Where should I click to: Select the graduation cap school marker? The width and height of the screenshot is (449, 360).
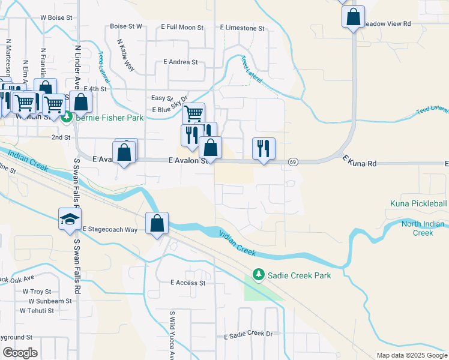click(70, 219)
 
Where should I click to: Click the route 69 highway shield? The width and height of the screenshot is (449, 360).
click(293, 161)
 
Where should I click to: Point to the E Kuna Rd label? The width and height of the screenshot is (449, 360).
click(359, 162)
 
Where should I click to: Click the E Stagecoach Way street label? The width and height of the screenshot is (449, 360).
click(110, 229)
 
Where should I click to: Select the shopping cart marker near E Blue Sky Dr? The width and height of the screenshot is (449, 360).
click(193, 113)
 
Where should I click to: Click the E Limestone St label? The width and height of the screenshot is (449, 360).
click(242, 28)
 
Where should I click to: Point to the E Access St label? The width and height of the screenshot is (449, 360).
click(188, 283)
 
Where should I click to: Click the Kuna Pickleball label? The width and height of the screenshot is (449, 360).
click(418, 204)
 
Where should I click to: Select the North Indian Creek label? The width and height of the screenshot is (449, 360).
click(423, 229)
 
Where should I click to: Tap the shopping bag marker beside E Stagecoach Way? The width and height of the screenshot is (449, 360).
click(157, 223)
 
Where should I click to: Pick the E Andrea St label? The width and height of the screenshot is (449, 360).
click(180, 62)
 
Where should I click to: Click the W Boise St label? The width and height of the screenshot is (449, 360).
click(56, 18)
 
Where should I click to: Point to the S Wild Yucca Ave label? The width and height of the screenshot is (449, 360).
click(172, 329)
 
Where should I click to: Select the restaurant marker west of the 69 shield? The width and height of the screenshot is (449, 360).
click(264, 148)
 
